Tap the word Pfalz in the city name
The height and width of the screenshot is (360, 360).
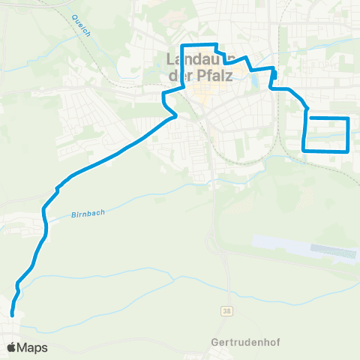click(214, 76)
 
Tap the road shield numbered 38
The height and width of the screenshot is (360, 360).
click(226, 310)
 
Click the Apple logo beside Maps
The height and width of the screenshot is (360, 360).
click(11, 347)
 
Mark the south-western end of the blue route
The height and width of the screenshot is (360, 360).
click(12, 314)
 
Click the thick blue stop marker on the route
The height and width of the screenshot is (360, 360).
click(274, 74)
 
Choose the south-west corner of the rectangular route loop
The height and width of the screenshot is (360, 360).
click(304, 150)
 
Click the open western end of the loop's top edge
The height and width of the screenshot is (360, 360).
click(310, 118)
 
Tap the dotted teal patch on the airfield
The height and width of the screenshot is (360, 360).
click(334, 251)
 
